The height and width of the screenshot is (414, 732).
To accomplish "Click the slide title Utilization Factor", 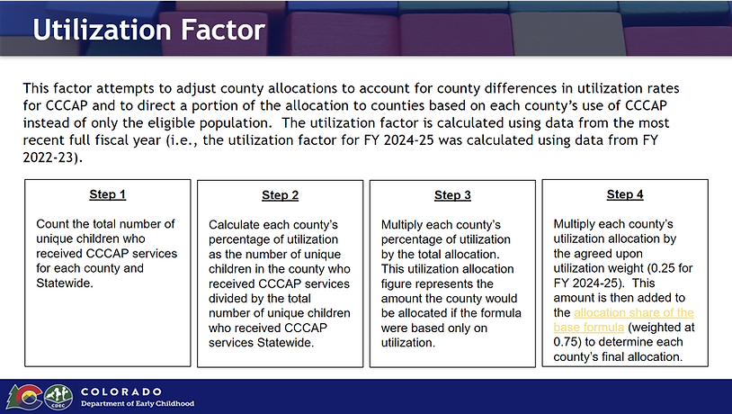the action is coord(149,30).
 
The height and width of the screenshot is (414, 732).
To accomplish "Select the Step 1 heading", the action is coord(107,194).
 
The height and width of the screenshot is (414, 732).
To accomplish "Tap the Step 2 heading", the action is coord(280,195).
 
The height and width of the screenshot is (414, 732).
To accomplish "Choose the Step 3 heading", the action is coord(452,195).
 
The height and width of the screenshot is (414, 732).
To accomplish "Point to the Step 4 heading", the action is coord(625,194).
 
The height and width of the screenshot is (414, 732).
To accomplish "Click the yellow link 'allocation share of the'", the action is coord(634,312).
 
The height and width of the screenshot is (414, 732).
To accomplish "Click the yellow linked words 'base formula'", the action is coord(589,327).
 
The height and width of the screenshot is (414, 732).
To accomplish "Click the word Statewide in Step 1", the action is coord(64,283).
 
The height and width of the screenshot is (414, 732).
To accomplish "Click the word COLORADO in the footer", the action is coord(121,391).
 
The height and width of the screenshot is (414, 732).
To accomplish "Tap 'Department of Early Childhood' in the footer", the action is coord(138,404).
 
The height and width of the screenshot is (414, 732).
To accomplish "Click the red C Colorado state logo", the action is coord(25,397).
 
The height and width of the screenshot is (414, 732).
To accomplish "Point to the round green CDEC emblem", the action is coord(58,397).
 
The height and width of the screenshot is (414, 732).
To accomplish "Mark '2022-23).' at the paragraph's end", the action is coord(53,157).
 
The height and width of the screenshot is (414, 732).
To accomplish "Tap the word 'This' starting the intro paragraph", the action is coord(36,88).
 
